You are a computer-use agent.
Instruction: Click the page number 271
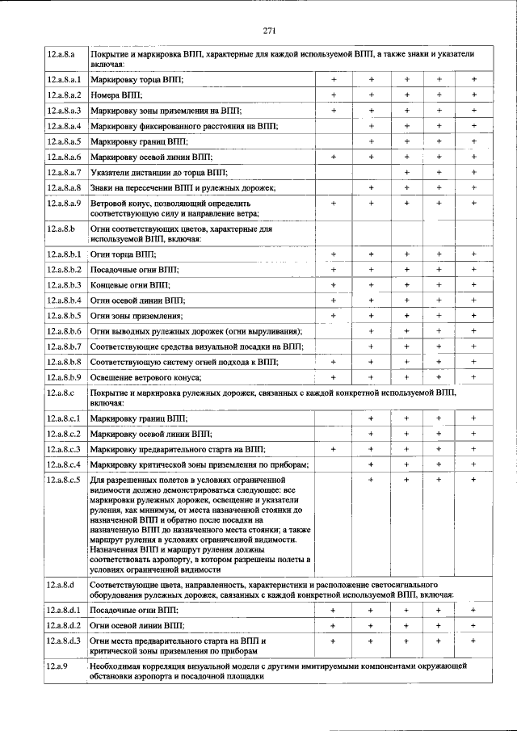point(270,32)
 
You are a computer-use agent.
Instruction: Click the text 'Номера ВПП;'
point(117,95)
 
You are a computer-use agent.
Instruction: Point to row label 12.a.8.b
point(61,229)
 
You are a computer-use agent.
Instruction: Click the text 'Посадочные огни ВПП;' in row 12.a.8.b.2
point(135,269)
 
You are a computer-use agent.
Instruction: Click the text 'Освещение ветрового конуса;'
point(145,377)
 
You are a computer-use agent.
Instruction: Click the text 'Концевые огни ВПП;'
point(131,285)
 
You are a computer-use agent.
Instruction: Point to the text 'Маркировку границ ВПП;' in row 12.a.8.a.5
point(139,141)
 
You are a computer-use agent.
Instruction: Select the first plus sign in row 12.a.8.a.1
point(334,80)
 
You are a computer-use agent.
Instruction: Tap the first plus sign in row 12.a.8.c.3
point(334,449)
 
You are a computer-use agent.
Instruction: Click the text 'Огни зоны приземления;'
point(137,316)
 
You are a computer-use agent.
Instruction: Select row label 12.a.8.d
point(61,582)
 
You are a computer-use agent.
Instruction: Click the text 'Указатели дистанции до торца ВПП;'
point(159,172)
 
